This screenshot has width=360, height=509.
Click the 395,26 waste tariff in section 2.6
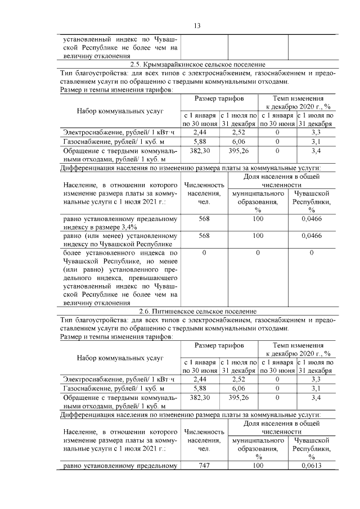pos(240,398)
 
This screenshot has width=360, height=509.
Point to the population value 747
pos(204,466)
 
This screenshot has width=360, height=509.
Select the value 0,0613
pos(312,466)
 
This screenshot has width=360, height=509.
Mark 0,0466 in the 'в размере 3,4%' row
pos(312,219)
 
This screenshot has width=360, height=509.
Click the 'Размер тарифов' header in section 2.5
pos(219,99)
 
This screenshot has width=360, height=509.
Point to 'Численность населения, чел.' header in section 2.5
pos(204,193)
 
